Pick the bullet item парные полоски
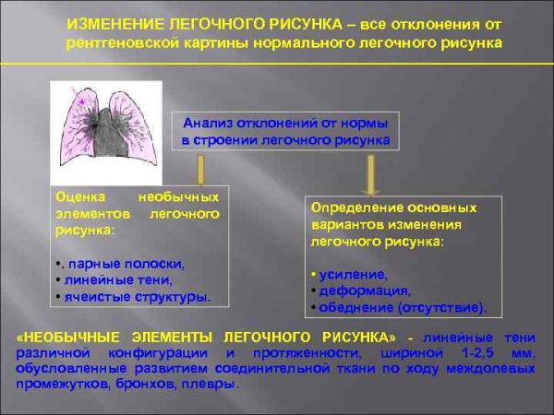(x=126, y=263)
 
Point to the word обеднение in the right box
(x=354, y=305)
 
